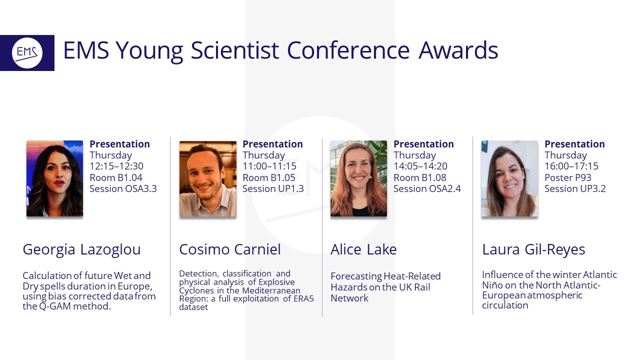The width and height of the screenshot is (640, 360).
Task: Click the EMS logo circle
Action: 27,53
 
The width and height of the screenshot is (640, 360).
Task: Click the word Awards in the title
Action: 458,50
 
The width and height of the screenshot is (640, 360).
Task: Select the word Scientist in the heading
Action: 234,50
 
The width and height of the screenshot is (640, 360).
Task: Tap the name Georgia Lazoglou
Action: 81,249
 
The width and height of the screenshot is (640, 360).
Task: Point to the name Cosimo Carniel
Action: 230,249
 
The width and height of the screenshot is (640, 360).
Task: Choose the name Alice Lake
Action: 363,249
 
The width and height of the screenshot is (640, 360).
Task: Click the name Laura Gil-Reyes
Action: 533,249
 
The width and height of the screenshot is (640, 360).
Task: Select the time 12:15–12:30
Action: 116,166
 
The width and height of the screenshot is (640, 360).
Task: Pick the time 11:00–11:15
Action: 269,166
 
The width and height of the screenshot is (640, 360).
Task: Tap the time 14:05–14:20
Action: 420,166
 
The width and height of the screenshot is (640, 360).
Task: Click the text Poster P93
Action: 568,177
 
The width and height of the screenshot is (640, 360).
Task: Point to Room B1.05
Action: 269,177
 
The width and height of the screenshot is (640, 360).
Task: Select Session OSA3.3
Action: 123,188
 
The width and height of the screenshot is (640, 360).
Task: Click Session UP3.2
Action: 575,188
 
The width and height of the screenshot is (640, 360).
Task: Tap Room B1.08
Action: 420,177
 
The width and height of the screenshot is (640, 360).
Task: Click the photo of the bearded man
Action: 208,178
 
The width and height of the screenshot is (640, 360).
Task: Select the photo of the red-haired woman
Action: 359,178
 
